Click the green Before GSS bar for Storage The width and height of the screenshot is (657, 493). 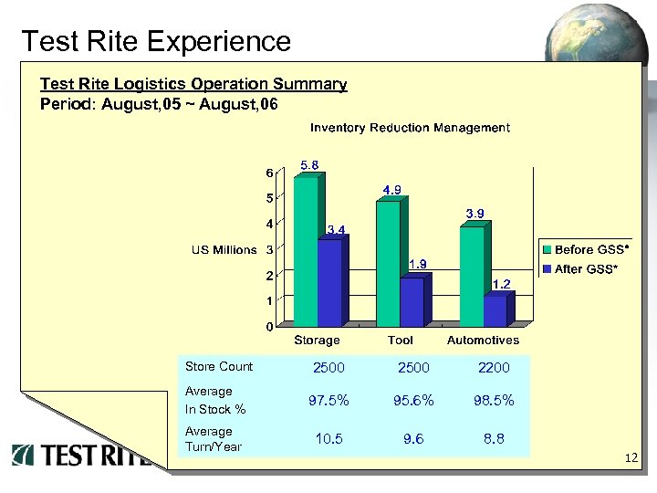coord(306,251)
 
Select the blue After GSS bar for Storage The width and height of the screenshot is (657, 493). coord(329,283)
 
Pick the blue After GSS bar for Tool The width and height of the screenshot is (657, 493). coord(412,302)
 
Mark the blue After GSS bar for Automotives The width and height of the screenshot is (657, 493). coord(495,311)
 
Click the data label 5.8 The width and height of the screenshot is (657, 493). coord(309,165)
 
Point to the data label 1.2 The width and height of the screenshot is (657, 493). coord(501,284)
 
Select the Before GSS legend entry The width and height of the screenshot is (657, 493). coord(580,249)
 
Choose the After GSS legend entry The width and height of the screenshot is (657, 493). coord(580,268)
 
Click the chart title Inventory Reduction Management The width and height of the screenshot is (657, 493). coord(410,128)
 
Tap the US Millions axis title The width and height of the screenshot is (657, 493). coord(224,249)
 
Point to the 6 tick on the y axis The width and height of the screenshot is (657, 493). coord(269,173)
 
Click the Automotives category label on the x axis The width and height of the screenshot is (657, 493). coord(483,340)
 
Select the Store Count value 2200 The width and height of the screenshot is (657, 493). coord(494,368)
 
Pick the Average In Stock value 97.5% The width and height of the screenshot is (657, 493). coord(328,401)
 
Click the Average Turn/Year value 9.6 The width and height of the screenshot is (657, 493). coord(412,438)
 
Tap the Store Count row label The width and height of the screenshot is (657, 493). coord(219,367)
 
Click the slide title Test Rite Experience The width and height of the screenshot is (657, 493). coord(155,41)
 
